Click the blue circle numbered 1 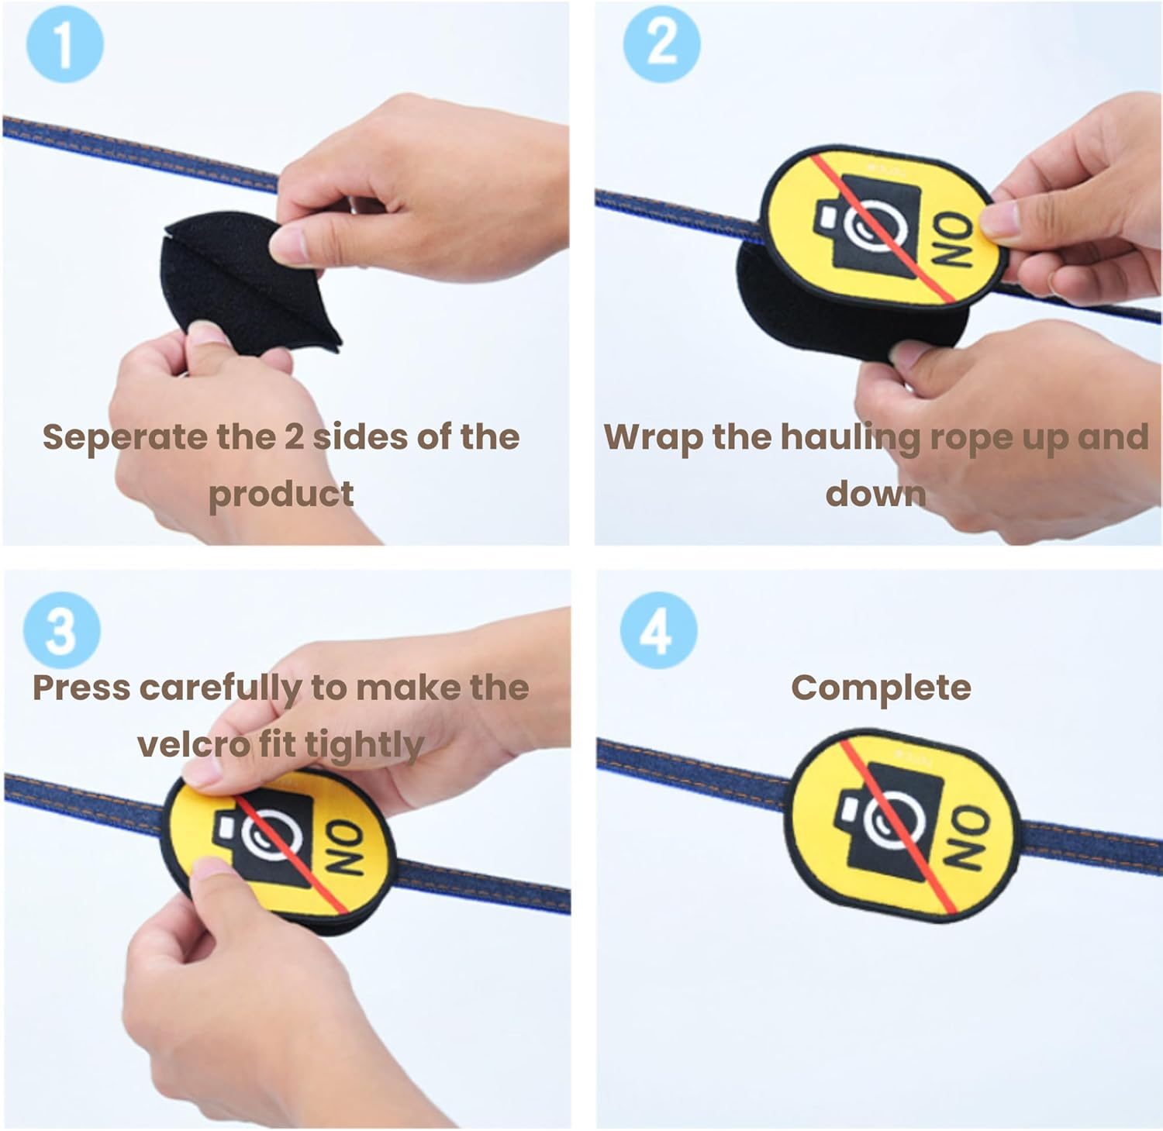(x=65, y=44)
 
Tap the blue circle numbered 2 (x=661, y=44)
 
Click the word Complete (x=881, y=688)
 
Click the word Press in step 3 (x=81, y=688)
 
